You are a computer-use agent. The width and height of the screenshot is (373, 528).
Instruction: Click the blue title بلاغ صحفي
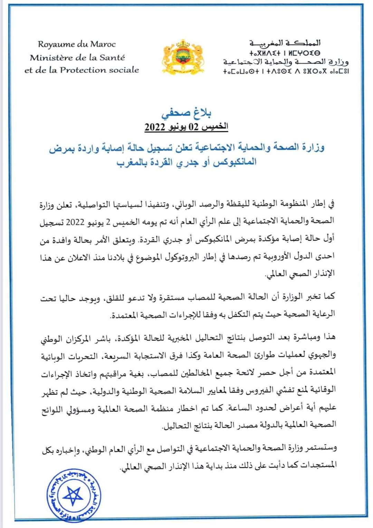pyautogui.click(x=186, y=113)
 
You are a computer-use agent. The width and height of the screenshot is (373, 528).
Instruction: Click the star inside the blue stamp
pyautogui.click(x=74, y=495)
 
